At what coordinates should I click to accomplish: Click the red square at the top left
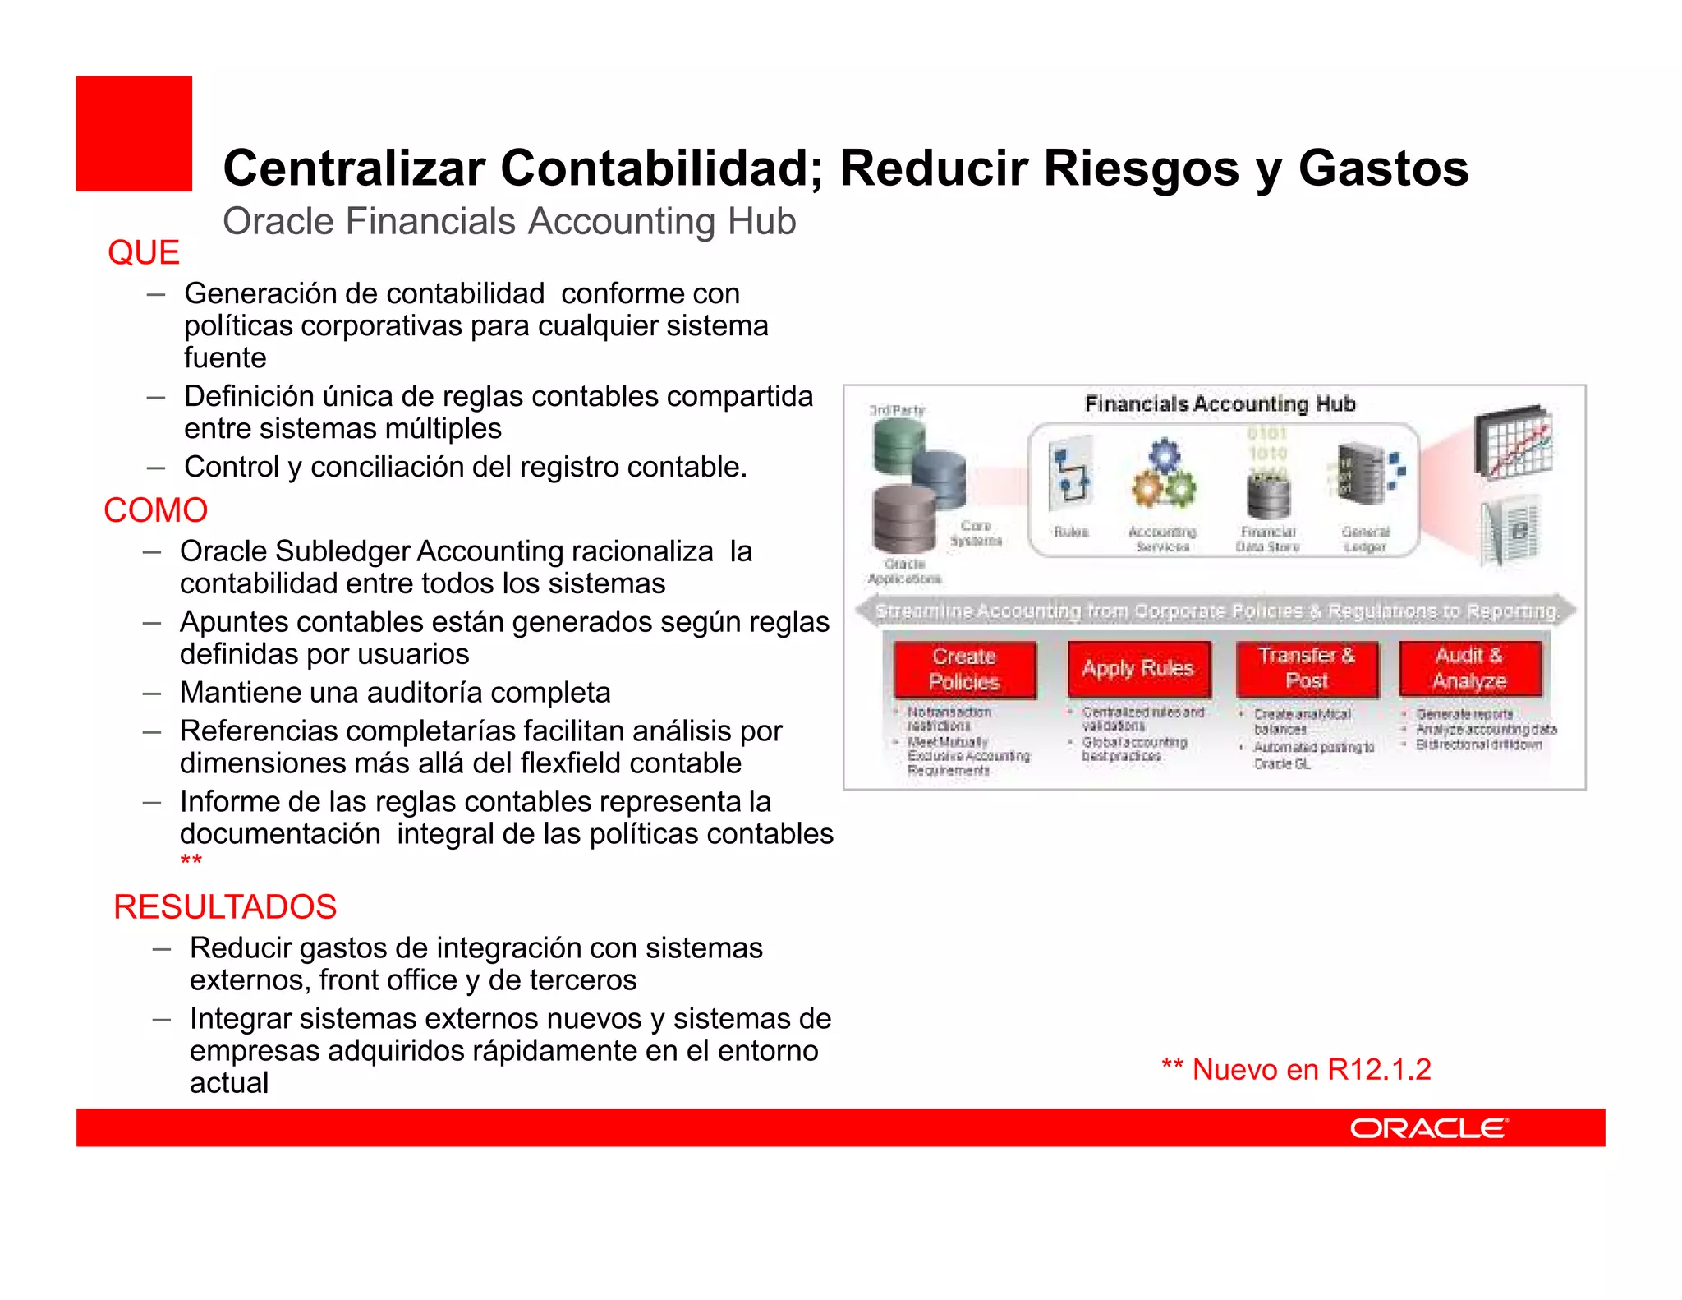134,134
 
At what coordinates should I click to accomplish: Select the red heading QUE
144,252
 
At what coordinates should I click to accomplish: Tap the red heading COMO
155,510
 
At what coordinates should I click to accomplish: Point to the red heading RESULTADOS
225,907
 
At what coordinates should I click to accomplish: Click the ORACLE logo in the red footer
1429,1128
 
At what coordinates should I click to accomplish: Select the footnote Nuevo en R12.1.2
1297,1070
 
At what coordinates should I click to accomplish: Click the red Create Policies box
964,669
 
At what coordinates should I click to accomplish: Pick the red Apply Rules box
1137,668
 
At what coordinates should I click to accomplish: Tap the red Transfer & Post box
1306,668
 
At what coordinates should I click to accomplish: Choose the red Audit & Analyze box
1469,668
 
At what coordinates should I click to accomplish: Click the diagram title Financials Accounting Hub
1220,403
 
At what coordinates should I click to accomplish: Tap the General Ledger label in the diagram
1365,539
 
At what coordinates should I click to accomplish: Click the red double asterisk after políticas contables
191,860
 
